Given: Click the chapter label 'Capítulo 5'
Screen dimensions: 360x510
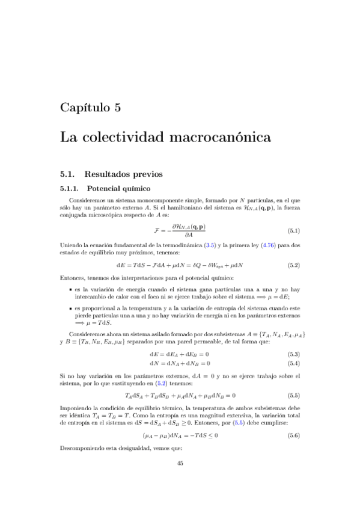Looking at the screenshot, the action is tap(91, 108).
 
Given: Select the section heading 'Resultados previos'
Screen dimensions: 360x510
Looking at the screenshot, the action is tap(123, 174).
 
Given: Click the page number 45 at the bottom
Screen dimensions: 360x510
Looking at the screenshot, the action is tap(180, 479).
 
